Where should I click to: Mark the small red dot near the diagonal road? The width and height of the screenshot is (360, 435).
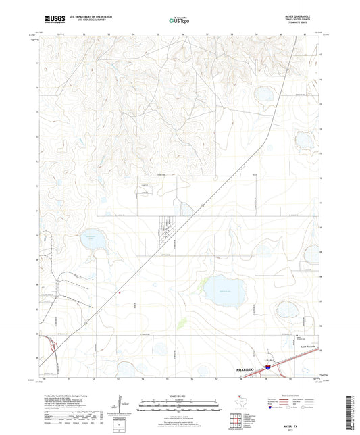pos(120,292)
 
